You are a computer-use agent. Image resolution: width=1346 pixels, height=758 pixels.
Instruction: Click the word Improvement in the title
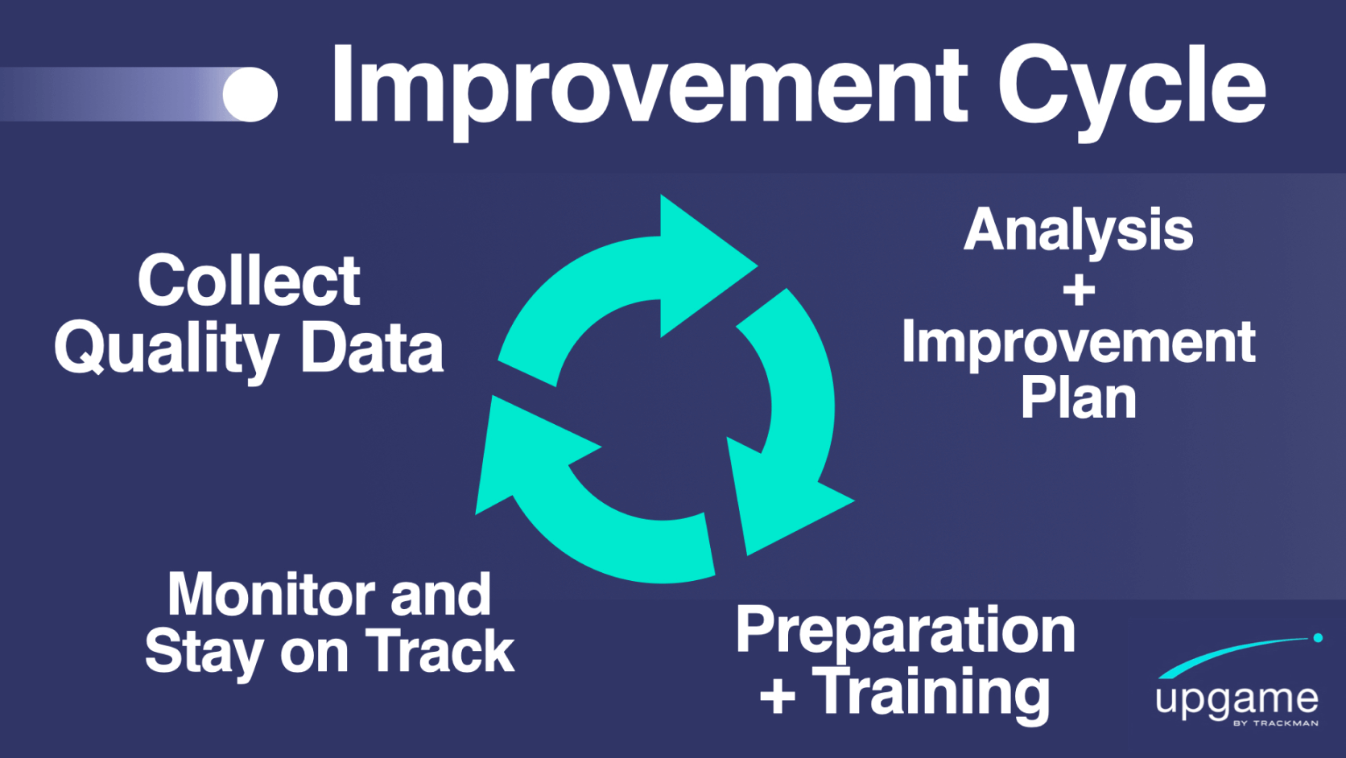[x=649, y=87]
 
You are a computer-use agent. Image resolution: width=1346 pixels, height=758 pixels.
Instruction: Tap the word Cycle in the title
[x=1132, y=87]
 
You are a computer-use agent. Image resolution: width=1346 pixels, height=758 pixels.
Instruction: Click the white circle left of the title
[x=250, y=94]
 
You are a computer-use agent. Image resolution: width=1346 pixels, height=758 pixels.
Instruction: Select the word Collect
[x=249, y=281]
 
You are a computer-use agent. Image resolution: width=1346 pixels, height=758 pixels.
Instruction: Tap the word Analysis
[x=1078, y=232]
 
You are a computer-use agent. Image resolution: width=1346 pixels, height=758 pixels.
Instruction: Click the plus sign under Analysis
[x=1079, y=290]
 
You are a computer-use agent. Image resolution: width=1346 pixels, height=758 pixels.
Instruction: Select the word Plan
[x=1079, y=398]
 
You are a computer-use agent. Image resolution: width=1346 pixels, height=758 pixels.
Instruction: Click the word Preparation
[x=905, y=632]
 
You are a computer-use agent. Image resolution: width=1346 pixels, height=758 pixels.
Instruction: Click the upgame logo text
[x=1237, y=700]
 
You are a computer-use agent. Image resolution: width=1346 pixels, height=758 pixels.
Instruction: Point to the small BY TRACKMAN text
[x=1275, y=723]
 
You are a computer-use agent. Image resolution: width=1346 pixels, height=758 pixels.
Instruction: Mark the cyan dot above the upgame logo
[x=1318, y=638]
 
